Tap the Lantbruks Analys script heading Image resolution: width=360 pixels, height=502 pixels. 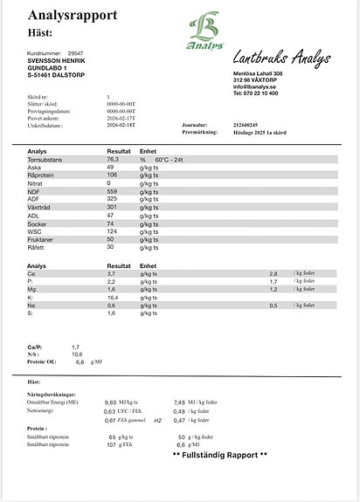(281, 59)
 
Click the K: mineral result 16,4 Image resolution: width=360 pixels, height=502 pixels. (112, 298)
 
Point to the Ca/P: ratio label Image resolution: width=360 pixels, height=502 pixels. (36, 347)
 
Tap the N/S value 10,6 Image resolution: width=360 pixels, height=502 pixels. (77, 354)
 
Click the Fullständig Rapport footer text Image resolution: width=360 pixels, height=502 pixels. (220, 456)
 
